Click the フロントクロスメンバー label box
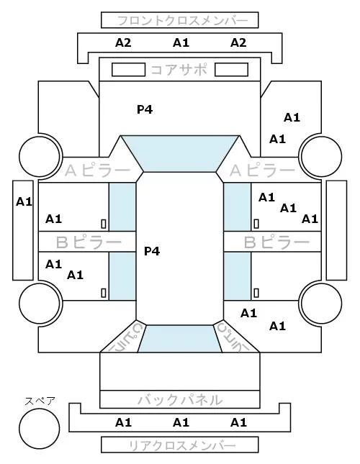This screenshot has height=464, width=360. [x=180, y=20]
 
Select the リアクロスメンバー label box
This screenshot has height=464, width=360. [x=180, y=445]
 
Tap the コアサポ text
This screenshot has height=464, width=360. [x=179, y=70]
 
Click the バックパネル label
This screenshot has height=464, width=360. [x=180, y=400]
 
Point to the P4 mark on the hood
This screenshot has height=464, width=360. [x=145, y=109]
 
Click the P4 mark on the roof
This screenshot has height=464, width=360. [x=152, y=251]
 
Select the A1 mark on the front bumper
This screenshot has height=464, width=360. [x=181, y=43]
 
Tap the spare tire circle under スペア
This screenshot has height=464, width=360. [x=40, y=429]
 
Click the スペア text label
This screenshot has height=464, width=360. [x=40, y=401]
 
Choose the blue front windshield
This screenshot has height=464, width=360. [x=180, y=153]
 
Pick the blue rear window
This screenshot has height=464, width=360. [x=180, y=339]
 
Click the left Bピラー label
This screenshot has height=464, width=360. [x=89, y=242]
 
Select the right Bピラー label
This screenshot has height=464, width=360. [x=276, y=242]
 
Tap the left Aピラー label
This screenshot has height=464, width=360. [x=97, y=170]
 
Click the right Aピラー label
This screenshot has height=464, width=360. [x=263, y=170]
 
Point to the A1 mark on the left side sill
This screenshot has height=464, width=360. [x=24, y=202]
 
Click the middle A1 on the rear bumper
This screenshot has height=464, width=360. [x=181, y=422]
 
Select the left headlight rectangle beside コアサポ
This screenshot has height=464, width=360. [x=128, y=70]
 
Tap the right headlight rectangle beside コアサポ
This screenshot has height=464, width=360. [x=231, y=70]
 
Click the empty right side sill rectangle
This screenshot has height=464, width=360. [x=336, y=230]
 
